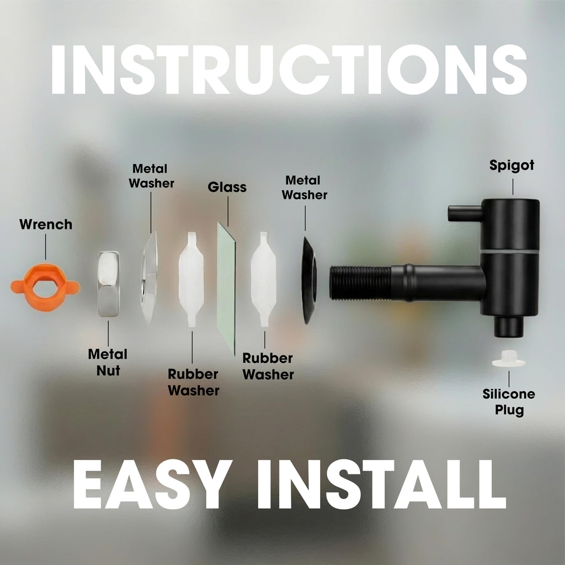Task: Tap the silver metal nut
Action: point(108,284)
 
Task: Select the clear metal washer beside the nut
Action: point(149,278)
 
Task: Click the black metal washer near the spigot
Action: point(309,280)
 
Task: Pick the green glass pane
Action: point(226,288)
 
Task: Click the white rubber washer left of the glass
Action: point(191,279)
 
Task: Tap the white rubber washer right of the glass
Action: point(263,279)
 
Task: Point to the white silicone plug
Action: point(508,359)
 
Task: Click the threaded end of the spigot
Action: point(360,283)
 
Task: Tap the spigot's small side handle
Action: point(465,213)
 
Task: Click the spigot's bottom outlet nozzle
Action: point(508,327)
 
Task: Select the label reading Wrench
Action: point(46,225)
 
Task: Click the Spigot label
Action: point(511,166)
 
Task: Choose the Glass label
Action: point(227,188)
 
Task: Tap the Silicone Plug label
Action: point(509,402)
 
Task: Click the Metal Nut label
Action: point(108,362)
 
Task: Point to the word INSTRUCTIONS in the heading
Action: point(289,70)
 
